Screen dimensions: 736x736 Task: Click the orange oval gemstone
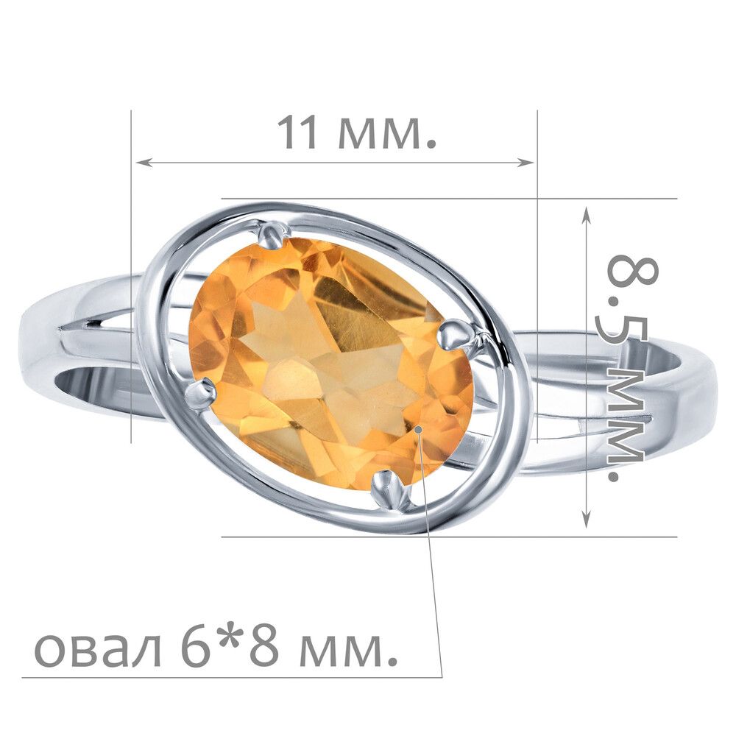pyautogui.click(x=331, y=364)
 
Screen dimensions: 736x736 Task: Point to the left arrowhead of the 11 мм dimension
pyautogui.click(x=143, y=163)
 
